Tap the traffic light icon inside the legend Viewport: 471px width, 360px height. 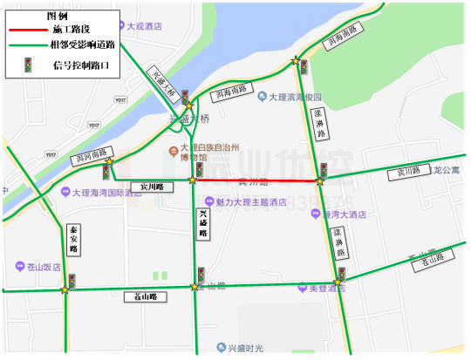pos(27,64)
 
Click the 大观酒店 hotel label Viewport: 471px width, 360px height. pos(144,27)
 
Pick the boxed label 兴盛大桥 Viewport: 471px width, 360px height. pos(163,81)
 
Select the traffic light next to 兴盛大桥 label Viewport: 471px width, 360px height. pos(184,96)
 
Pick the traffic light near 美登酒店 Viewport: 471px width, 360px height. pos(341,275)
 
